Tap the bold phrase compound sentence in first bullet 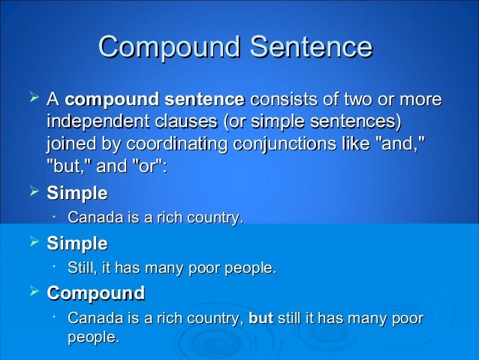(155, 99)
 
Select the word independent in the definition (92, 122)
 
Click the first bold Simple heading (77, 193)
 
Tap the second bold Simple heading (77, 244)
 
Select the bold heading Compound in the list (95, 292)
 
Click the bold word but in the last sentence (260, 318)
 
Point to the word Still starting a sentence (84, 268)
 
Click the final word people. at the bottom (93, 338)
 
